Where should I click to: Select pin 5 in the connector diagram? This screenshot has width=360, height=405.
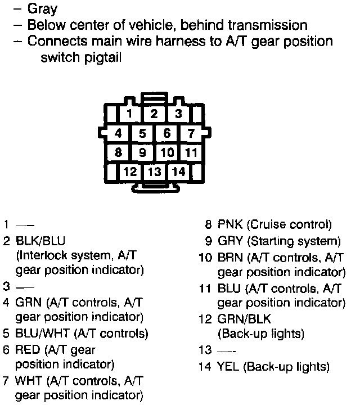pyautogui.click(x=143, y=134)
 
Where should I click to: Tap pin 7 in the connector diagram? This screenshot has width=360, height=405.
pyautogui.click(x=191, y=134)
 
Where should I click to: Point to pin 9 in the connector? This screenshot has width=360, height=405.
pyautogui.click(x=143, y=152)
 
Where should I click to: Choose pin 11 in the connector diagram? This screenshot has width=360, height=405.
pyautogui.click(x=191, y=152)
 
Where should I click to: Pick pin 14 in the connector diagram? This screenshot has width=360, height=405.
pyautogui.click(x=178, y=172)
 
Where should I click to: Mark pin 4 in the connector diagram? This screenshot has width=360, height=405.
pyautogui.click(x=118, y=134)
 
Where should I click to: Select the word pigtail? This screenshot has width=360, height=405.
pyautogui.click(x=103, y=58)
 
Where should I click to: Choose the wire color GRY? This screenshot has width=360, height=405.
pyautogui.click(x=229, y=242)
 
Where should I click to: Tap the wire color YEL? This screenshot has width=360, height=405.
pyautogui.click(x=228, y=367)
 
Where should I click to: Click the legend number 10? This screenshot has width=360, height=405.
pyautogui.click(x=204, y=259)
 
